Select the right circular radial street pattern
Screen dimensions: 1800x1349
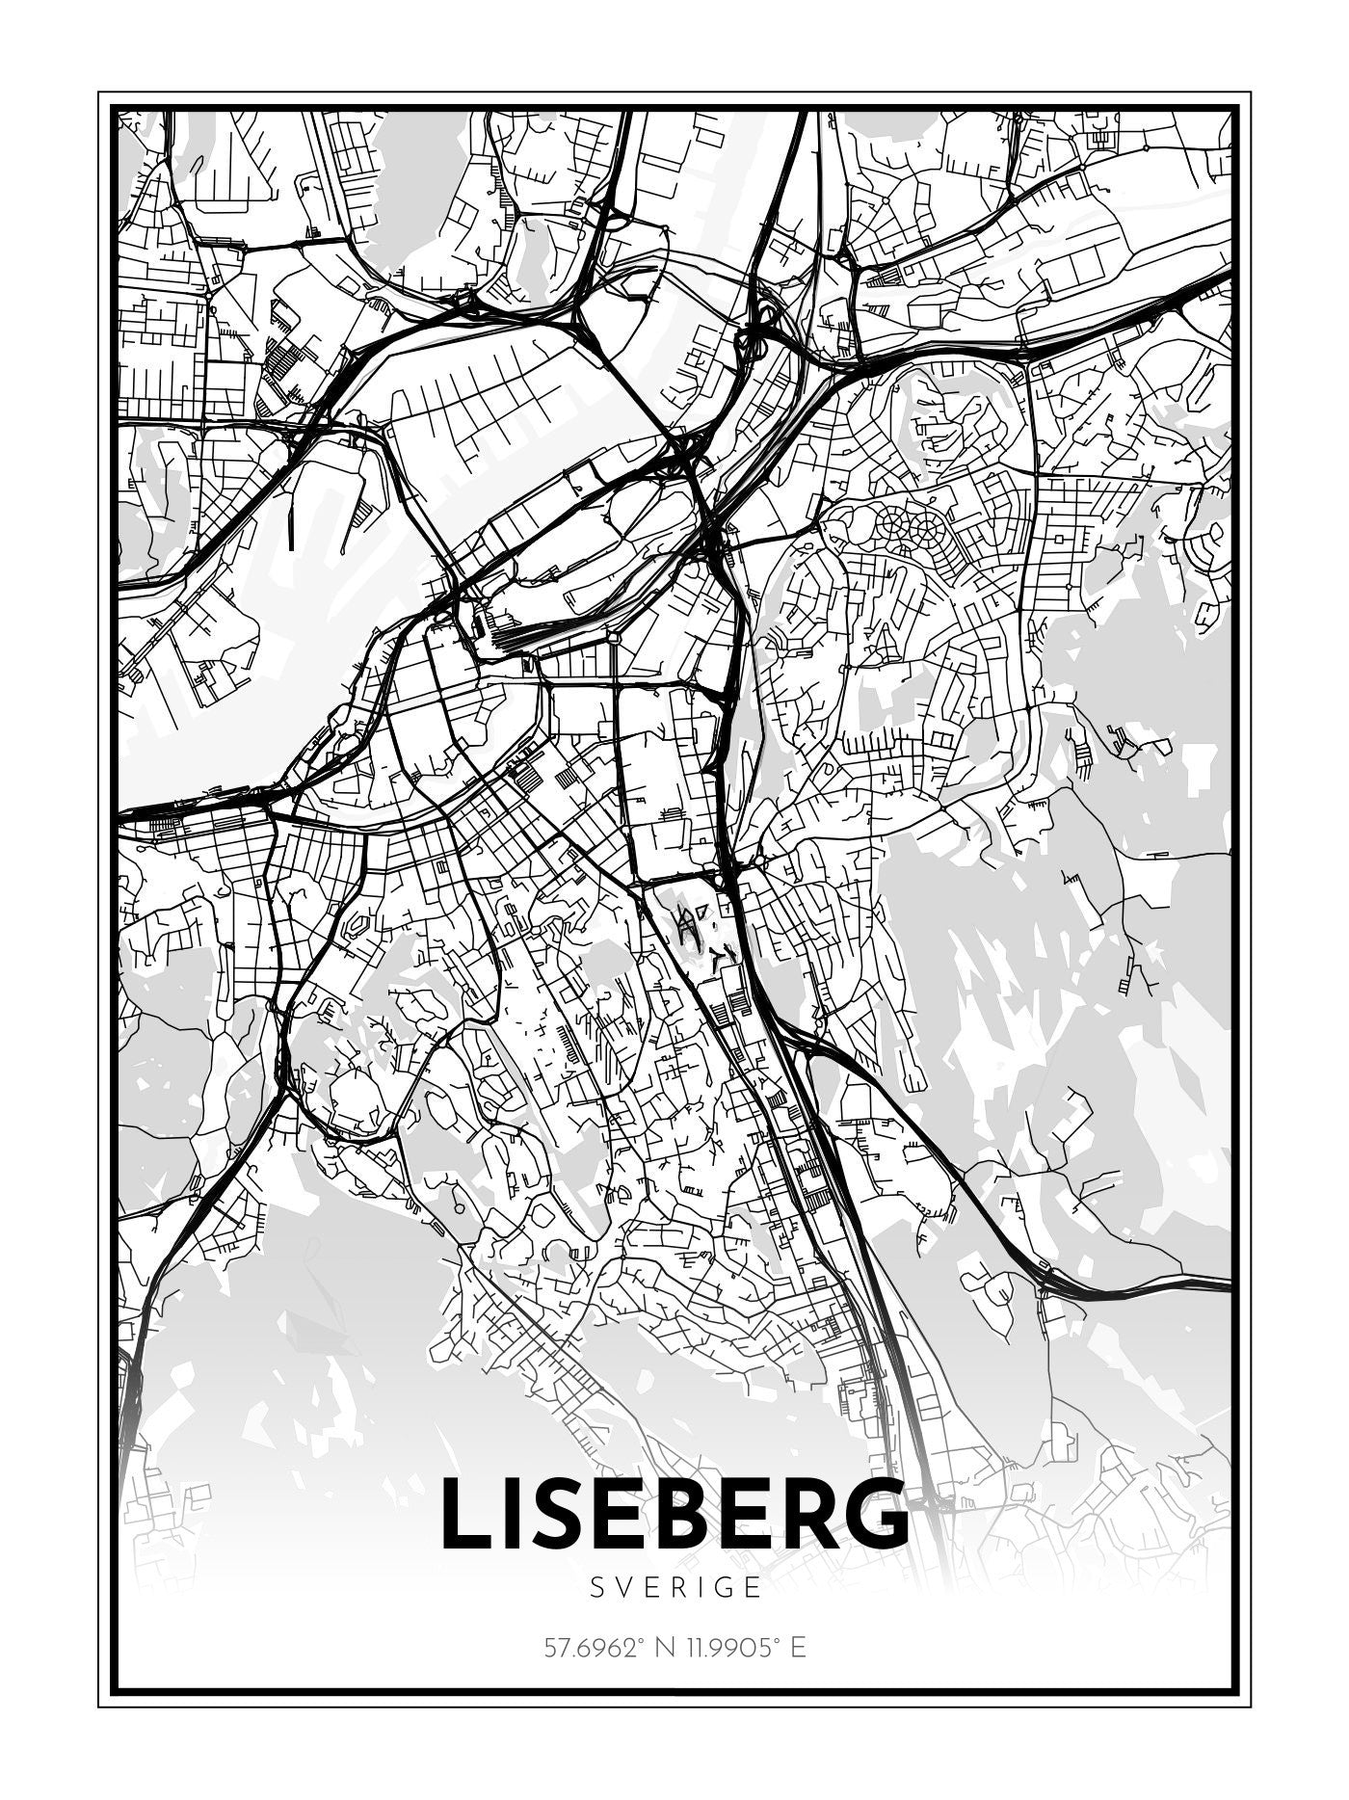click(x=928, y=526)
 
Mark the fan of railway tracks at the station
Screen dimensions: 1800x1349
click(x=520, y=631)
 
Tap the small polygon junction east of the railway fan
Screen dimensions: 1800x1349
click(x=614, y=636)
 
